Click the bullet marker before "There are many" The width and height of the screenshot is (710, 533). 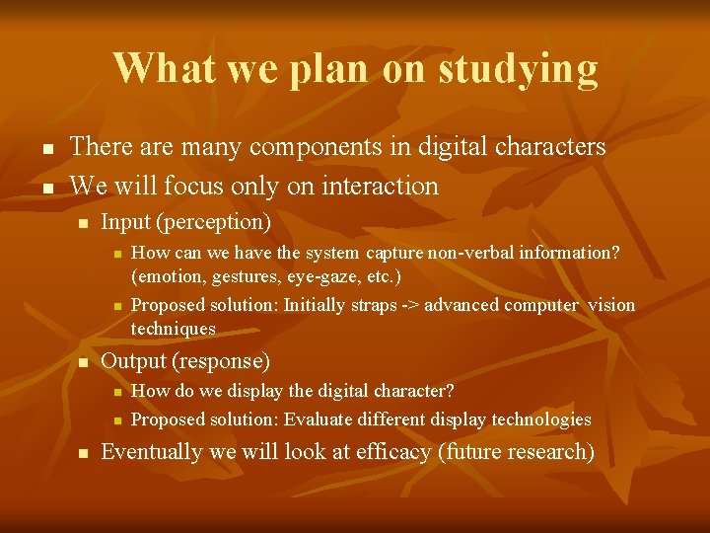click(x=47, y=149)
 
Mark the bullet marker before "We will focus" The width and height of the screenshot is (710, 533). click(x=47, y=187)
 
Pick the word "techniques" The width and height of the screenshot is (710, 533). click(x=174, y=328)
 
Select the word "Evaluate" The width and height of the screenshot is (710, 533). click(x=319, y=419)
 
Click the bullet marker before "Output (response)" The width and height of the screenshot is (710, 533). click(x=83, y=363)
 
